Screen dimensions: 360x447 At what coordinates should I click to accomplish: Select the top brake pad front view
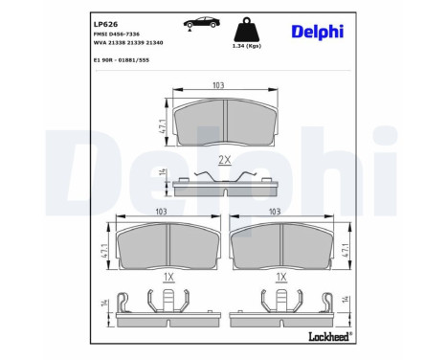[223, 123]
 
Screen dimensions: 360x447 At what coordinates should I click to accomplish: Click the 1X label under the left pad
[167, 279]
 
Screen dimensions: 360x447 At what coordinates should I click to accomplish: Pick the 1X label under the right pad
[280, 279]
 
